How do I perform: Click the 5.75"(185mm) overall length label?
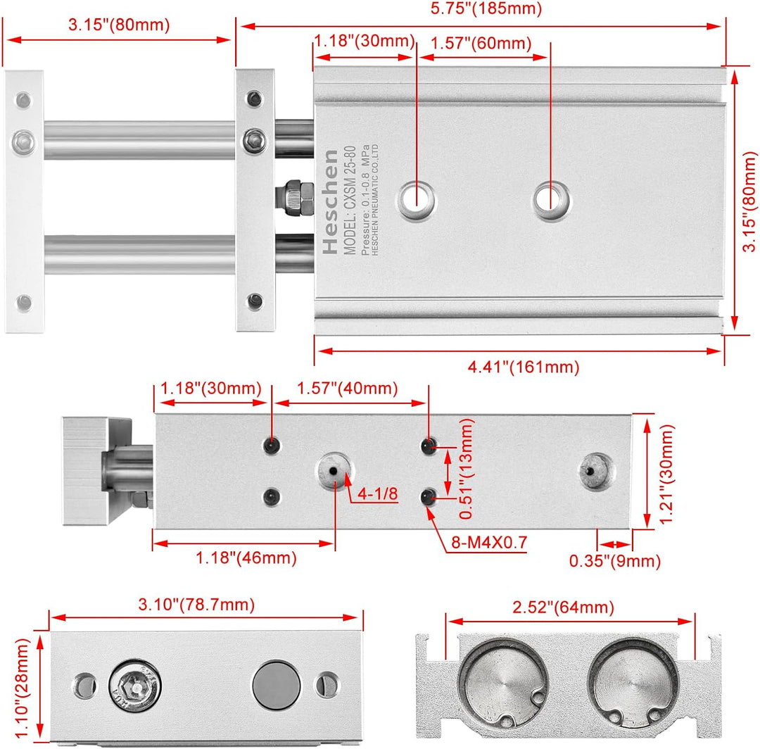(482, 9)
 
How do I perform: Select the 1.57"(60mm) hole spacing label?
(483, 43)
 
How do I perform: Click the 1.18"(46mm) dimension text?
(246, 558)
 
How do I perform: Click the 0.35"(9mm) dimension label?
(615, 561)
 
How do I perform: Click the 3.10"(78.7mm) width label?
(196, 603)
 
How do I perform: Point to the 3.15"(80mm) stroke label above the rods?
(119, 26)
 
